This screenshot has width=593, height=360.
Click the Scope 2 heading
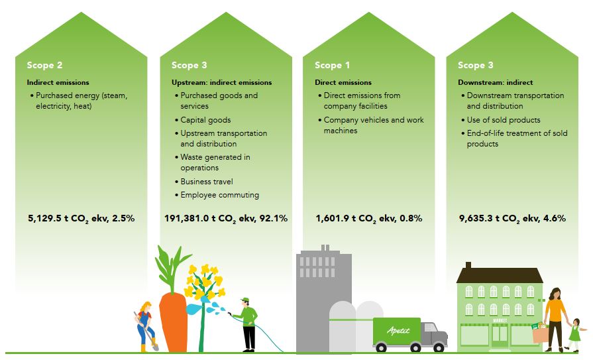click(44, 65)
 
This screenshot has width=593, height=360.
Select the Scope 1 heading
click(333, 65)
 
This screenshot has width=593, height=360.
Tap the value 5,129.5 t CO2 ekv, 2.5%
click(81, 218)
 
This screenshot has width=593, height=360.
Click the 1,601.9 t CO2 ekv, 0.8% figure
click(369, 218)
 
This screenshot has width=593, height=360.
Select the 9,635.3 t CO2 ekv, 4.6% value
click(512, 218)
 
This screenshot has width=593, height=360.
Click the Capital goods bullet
click(203, 120)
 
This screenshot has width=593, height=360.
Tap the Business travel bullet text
click(204, 182)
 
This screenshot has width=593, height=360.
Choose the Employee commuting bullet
click(217, 195)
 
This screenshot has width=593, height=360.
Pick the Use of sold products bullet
click(501, 120)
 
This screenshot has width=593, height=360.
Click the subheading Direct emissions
click(343, 82)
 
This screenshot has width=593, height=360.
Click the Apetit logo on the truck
click(398, 330)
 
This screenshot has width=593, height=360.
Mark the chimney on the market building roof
click(468, 265)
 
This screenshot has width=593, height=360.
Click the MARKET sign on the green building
click(500, 321)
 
